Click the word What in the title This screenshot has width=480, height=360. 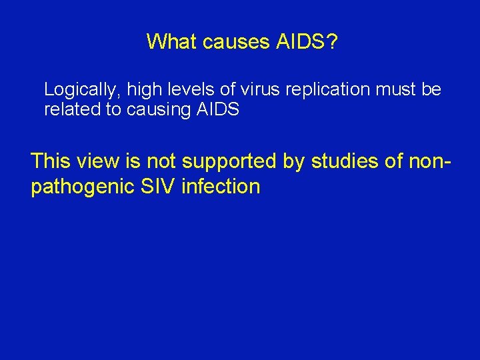pyautogui.click(x=171, y=42)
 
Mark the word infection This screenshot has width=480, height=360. pyautogui.click(x=221, y=187)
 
